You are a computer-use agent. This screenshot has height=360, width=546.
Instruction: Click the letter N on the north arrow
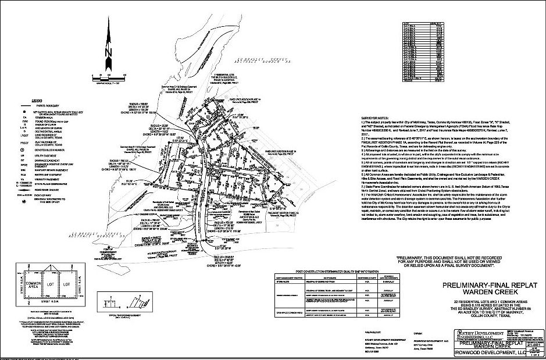click(108, 52)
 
